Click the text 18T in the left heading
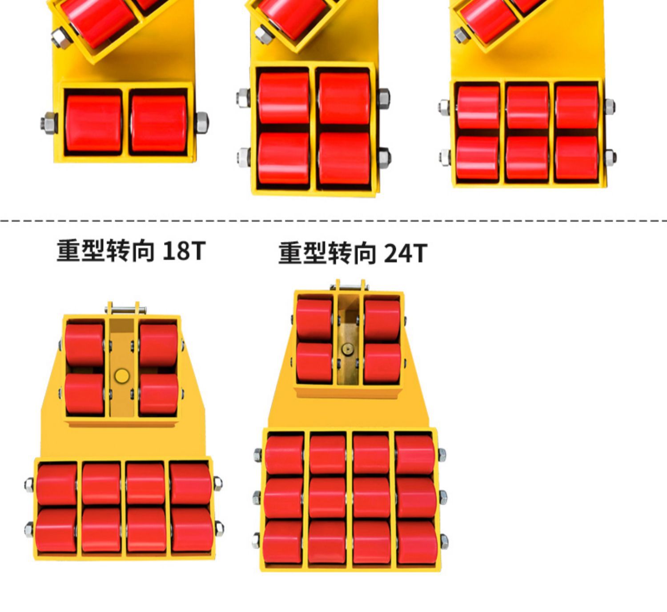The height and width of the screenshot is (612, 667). point(184,251)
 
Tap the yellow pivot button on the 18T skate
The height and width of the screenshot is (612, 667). point(121,376)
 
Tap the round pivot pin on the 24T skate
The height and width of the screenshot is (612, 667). point(347,349)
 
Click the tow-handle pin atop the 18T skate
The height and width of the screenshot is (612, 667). point(125,308)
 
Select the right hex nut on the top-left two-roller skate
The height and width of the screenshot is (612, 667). point(201,122)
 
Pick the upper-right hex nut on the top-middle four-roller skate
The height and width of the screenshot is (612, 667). point(383,97)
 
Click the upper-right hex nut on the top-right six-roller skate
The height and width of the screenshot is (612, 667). point(609,106)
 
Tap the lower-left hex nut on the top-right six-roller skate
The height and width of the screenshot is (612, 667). point(445,156)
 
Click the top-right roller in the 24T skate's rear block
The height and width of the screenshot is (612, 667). point(415,454)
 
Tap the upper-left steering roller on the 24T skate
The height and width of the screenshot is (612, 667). point(314,319)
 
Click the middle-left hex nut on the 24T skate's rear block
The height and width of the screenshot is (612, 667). point(257,497)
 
